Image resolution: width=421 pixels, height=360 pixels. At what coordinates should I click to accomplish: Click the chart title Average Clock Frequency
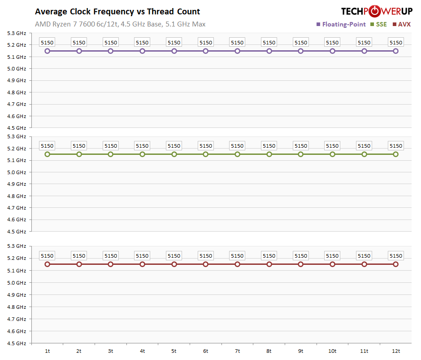coord(117,12)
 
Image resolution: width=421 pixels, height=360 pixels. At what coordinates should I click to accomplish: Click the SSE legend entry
coord(378,24)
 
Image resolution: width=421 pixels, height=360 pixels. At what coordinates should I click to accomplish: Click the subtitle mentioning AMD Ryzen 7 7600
coord(120,24)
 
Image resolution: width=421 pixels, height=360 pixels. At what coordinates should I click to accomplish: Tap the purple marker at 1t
coord(48,51)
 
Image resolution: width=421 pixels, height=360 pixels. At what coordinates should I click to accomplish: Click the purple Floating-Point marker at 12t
coord(396,51)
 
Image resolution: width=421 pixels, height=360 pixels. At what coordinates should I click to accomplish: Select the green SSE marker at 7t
coord(238,154)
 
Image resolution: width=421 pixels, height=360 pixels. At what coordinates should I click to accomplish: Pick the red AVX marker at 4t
coord(143,264)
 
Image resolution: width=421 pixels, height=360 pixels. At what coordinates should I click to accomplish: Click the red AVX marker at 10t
coord(333,264)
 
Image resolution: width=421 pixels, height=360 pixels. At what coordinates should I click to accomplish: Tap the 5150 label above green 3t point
coord(111,146)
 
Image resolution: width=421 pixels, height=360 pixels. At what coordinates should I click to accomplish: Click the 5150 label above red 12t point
coord(396,256)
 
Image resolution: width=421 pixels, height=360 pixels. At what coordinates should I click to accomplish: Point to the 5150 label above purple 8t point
coord(269,43)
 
